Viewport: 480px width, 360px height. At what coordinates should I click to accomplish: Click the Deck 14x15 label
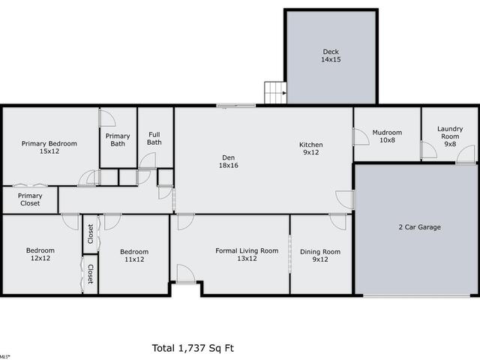pyautogui.click(x=331, y=55)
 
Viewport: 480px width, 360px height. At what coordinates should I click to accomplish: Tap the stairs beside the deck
pyautogui.click(x=275, y=92)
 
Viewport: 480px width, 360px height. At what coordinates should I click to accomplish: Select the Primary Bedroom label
pyautogui.click(x=49, y=147)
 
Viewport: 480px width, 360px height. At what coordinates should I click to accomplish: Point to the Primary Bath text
pyautogui.click(x=118, y=139)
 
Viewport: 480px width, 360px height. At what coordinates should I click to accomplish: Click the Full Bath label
pyautogui.click(x=154, y=138)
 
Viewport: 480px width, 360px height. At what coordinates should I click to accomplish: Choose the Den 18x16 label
pyautogui.click(x=228, y=161)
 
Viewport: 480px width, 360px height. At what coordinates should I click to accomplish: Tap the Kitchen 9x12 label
pyautogui.click(x=311, y=148)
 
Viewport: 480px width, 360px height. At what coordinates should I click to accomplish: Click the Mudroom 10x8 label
pyautogui.click(x=387, y=136)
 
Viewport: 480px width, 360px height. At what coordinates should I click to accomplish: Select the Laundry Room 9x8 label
pyautogui.click(x=450, y=136)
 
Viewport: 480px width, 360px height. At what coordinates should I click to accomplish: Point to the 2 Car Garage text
pyautogui.click(x=420, y=227)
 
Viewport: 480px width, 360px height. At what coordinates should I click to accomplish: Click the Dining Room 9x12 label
pyautogui.click(x=320, y=255)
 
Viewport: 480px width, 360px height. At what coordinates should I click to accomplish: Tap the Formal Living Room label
pyautogui.click(x=247, y=254)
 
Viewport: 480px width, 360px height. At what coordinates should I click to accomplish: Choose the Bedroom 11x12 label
pyautogui.click(x=134, y=255)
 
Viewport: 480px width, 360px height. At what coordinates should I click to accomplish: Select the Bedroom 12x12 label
pyautogui.click(x=40, y=254)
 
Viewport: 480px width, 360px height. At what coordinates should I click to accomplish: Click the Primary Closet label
pyautogui.click(x=30, y=199)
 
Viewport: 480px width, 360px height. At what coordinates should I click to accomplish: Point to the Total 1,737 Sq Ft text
pyautogui.click(x=193, y=348)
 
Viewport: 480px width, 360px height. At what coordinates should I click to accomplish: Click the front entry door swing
pyautogui.click(x=186, y=274)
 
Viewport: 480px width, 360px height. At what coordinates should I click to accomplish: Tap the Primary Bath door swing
pyautogui.click(x=107, y=118)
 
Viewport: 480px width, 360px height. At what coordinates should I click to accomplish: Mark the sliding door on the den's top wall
pyautogui.click(x=236, y=106)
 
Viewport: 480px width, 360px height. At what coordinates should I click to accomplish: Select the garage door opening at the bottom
pyautogui.click(x=416, y=295)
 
